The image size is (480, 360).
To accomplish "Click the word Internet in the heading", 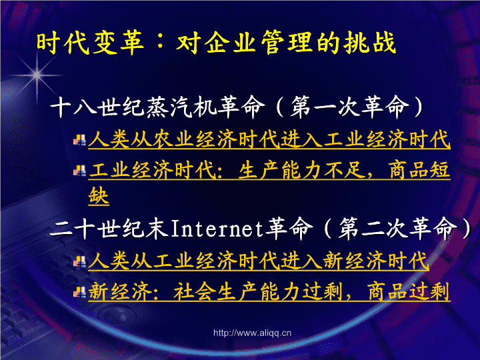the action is point(217,229).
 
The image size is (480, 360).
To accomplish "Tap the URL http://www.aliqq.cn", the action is point(252,333).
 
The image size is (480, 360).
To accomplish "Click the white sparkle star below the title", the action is point(37,75).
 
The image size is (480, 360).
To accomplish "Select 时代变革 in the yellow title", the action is point(90,43).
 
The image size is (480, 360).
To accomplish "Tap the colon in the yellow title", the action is point(160,43).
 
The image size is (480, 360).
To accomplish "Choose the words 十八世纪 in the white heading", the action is point(97,107).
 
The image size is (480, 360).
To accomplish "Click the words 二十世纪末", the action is point(109,229).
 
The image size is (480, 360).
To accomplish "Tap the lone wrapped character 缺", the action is point(99,196).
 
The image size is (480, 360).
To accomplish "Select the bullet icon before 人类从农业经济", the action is point(79,141).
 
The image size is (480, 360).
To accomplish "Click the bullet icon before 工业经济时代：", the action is point(79,171).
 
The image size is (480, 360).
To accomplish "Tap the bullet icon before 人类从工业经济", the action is point(79,262).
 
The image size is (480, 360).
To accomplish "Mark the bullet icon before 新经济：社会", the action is point(79,292).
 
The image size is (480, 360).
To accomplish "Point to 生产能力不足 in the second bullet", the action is point(302,170).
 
